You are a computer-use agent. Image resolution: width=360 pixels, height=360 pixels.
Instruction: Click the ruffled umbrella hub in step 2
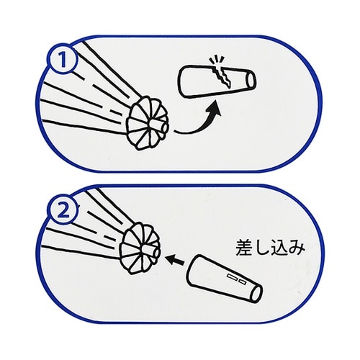point(138,246)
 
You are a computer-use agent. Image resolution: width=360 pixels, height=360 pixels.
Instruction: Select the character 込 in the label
point(284,248)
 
